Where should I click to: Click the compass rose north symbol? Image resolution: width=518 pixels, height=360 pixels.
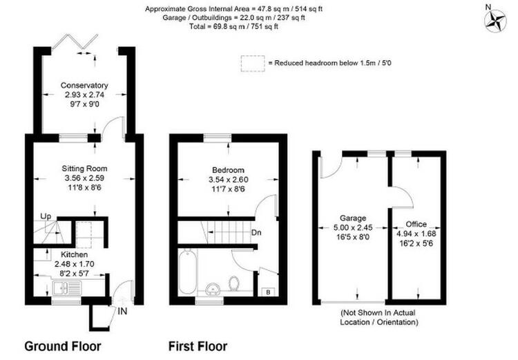pos(495,21)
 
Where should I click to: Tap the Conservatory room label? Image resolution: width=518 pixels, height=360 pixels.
pos(84,85)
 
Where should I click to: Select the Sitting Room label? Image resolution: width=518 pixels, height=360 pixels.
pos(84,169)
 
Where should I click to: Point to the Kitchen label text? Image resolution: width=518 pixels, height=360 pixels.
pos(75,254)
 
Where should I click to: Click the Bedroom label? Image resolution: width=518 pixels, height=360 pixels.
pos(229,170)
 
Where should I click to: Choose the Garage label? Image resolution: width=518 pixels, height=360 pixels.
pos(353,218)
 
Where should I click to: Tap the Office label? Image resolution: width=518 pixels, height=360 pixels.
pos(416,224)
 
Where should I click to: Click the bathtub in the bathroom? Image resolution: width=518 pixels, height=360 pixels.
pos(188,272)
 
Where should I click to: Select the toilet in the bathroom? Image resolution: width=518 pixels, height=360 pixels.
pos(234,283)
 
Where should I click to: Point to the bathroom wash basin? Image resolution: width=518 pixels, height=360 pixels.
pos(213,290)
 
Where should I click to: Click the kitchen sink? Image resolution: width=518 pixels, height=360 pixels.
pos(66,287)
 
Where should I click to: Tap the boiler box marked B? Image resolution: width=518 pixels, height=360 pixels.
pos(268,292)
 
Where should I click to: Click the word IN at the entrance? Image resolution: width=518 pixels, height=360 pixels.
pos(122,311)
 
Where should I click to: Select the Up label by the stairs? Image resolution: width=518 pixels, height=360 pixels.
pos(46,216)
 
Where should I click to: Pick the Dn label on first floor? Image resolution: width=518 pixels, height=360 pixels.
pos(256,232)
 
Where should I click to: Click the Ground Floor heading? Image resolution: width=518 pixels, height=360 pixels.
pos(63,346)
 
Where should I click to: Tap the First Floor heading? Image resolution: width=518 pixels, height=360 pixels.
pos(198,346)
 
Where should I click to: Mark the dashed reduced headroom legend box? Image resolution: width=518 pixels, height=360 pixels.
pos(253,63)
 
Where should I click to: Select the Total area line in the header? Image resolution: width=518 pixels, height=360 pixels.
pos(233,26)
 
